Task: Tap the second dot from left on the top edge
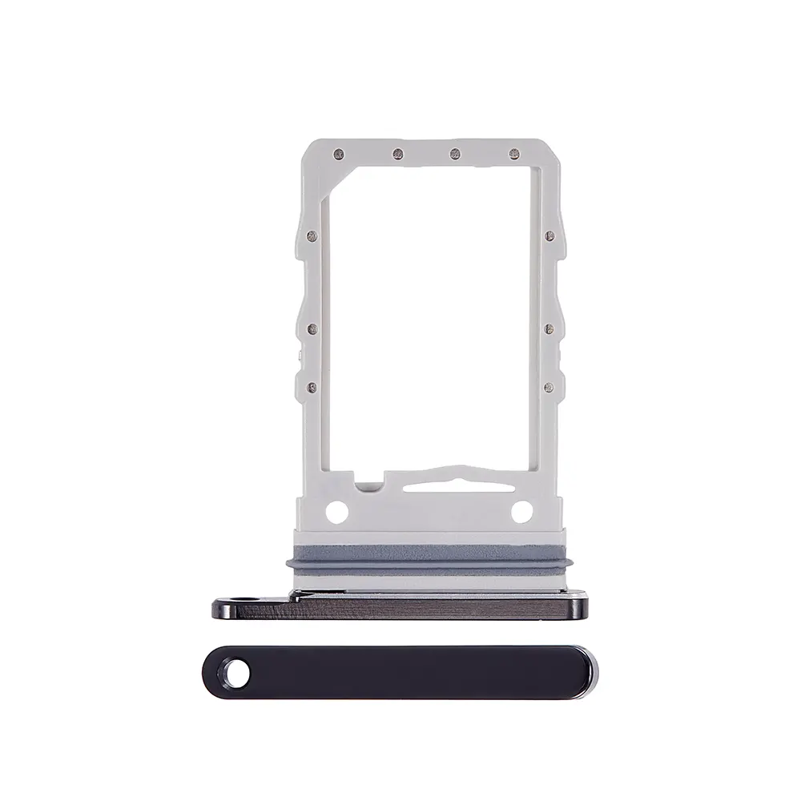click(x=396, y=153)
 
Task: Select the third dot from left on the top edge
click(x=455, y=153)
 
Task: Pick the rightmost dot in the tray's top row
click(x=513, y=153)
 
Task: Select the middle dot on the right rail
click(x=549, y=327)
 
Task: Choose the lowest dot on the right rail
click(x=549, y=388)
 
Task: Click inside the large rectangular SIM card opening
click(x=430, y=312)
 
